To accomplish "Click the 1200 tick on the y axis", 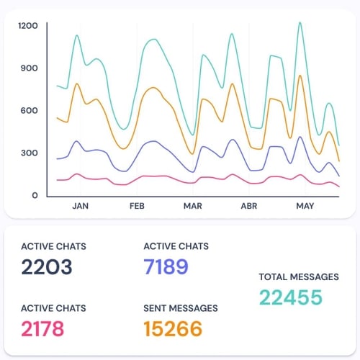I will pos(28,26).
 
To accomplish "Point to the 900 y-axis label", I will pos(29,68).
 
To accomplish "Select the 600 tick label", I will pos(29,110).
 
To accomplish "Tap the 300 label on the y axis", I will pos(29,153).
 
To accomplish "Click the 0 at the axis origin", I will pos(35,195).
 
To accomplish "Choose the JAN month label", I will pos(81,206).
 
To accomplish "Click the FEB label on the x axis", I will pos(137,206).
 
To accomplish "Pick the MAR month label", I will pos(192,206).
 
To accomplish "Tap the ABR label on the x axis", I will pos(248,206).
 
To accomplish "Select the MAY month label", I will pos(305,206).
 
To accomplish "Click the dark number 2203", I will pos(47,267).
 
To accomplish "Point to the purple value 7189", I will pos(166,267).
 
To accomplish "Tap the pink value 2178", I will pos(42,329).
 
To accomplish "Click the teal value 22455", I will pos(291,297).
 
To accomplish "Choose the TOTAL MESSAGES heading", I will pos(299,276).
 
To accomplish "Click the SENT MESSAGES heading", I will pos(181,308).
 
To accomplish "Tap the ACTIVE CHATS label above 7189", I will pos(176,246).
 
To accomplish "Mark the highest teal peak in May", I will pos(300,23).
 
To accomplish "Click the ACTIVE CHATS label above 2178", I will pos(53,308).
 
